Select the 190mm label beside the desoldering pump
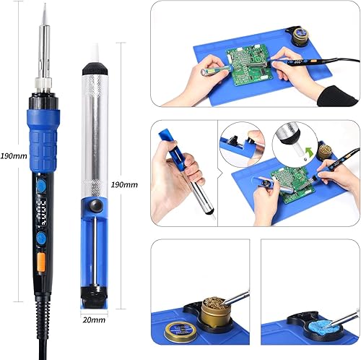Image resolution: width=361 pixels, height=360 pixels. (125, 184)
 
